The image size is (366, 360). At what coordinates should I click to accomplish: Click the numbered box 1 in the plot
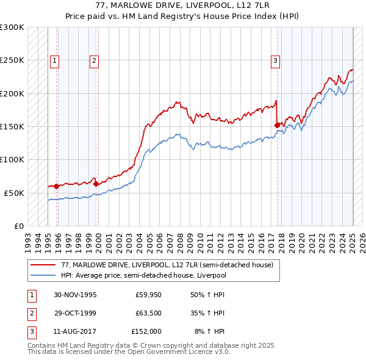pos(54,60)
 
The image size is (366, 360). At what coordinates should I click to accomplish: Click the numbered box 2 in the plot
pos(95,60)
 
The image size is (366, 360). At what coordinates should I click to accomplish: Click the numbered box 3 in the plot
pos(276,60)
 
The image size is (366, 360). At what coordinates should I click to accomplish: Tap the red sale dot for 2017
pos(278,125)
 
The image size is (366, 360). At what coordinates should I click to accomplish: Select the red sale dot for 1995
pos(56,186)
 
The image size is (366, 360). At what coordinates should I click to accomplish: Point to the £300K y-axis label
pos(12,27)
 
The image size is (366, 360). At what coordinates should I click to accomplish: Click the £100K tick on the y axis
pos(12,159)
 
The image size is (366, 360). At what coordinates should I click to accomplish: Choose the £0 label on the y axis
pos(17,226)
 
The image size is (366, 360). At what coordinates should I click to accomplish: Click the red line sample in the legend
pos(43,265)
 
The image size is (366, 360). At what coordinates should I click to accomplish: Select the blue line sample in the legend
pos(43,275)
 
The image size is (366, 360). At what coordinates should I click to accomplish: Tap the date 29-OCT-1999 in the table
pos(75,314)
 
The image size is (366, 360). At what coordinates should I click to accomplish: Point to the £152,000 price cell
pos(146,331)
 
